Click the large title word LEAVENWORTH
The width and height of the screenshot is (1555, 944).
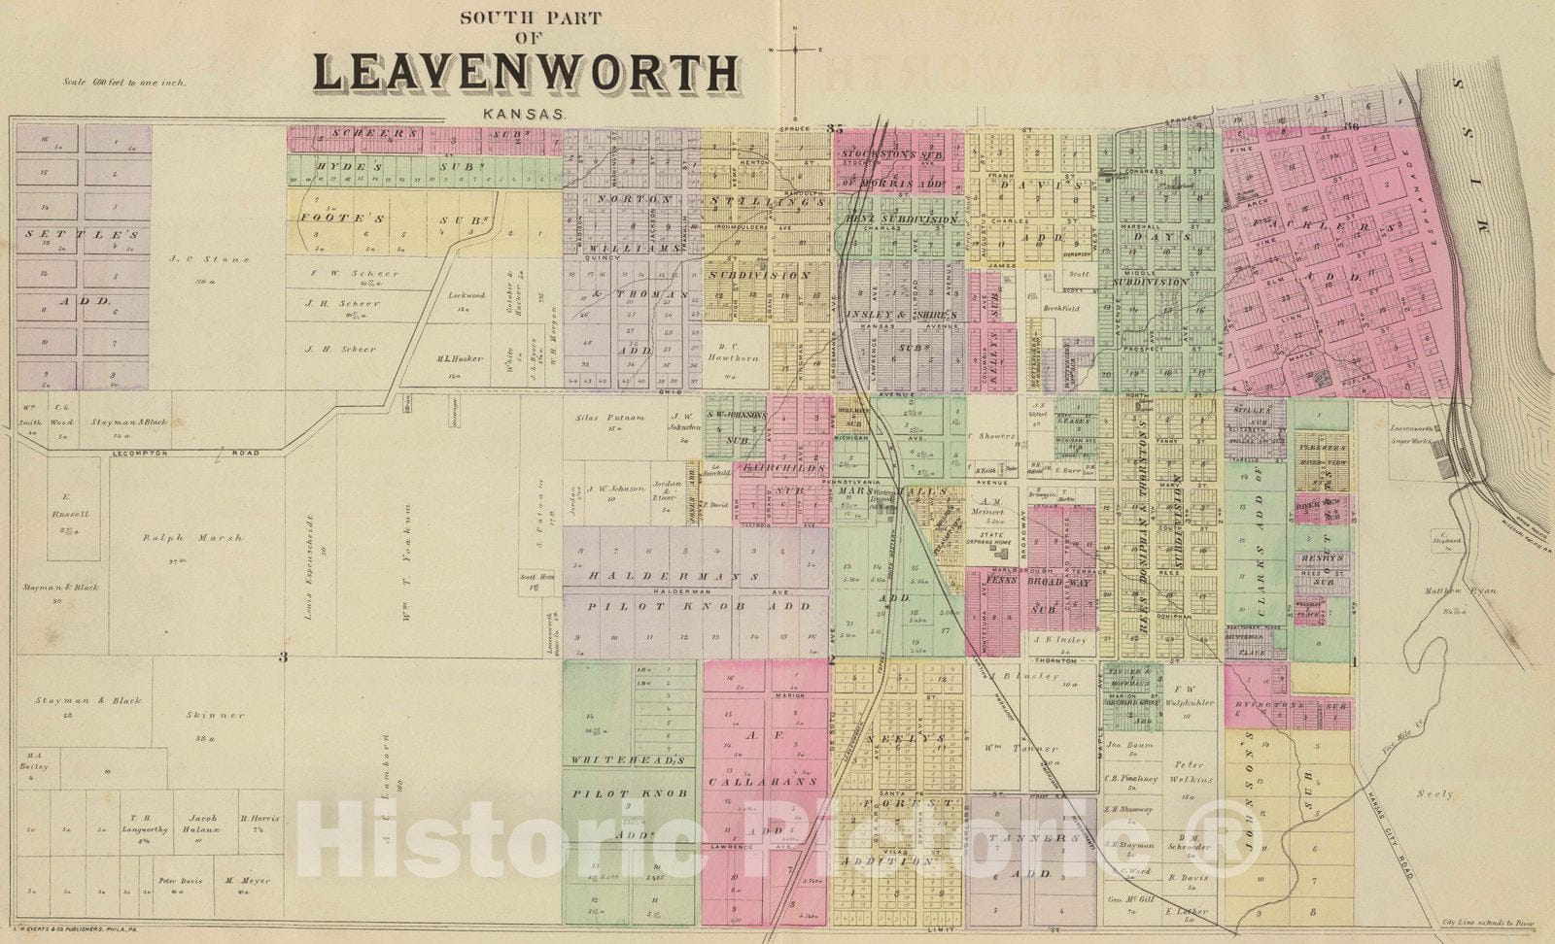click(x=525, y=74)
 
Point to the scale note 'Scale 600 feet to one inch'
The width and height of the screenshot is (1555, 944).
click(x=123, y=83)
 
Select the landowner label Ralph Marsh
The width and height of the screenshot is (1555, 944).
click(x=192, y=537)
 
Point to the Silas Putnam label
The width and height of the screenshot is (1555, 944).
click(x=612, y=416)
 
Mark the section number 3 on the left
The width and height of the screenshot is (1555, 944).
click(x=283, y=658)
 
